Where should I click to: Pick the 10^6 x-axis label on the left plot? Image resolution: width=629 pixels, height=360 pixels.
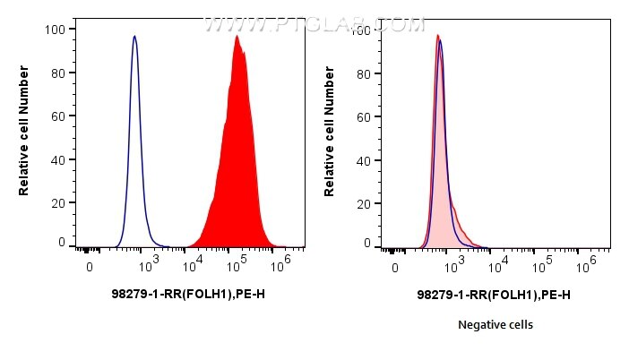click(285, 262)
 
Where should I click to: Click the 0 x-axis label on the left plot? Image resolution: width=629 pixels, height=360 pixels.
click(89, 267)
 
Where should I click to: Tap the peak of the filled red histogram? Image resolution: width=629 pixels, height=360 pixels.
click(237, 37)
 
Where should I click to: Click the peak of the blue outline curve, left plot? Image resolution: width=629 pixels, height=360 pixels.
click(134, 37)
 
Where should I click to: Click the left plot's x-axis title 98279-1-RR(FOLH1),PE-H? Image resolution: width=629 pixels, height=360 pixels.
click(188, 294)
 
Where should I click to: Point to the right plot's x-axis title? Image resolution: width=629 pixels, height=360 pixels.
click(495, 294)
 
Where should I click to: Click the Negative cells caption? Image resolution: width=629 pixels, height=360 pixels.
click(495, 325)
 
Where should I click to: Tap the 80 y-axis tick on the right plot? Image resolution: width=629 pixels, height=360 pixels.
click(363, 73)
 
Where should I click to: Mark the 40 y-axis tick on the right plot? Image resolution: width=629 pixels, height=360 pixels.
click(363, 159)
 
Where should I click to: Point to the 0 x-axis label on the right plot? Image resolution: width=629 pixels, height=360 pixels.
click(394, 267)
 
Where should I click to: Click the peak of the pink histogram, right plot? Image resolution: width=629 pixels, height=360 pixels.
click(437, 36)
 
